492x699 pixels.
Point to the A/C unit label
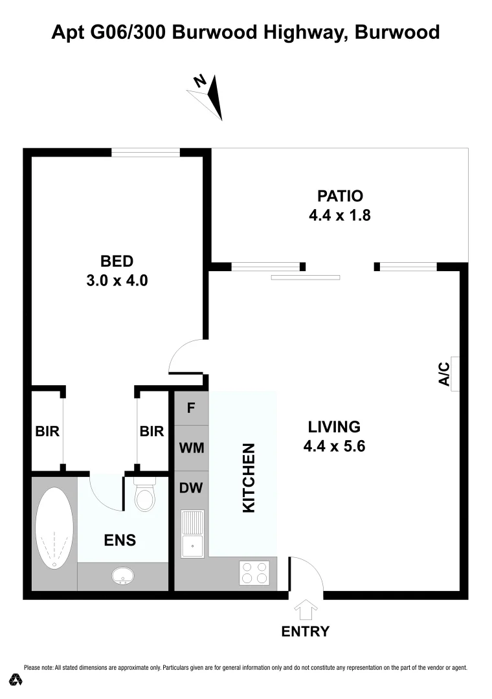[445, 375]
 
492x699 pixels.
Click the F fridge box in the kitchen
[191, 408]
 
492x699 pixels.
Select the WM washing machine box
[191, 448]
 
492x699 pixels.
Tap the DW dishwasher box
[191, 488]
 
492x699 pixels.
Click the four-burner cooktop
[254, 572]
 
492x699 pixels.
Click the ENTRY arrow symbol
[305, 610]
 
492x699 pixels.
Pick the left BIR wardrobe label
[47, 431]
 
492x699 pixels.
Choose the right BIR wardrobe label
[152, 431]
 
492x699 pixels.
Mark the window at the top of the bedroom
[145, 153]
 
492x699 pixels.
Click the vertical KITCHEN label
[249, 478]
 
